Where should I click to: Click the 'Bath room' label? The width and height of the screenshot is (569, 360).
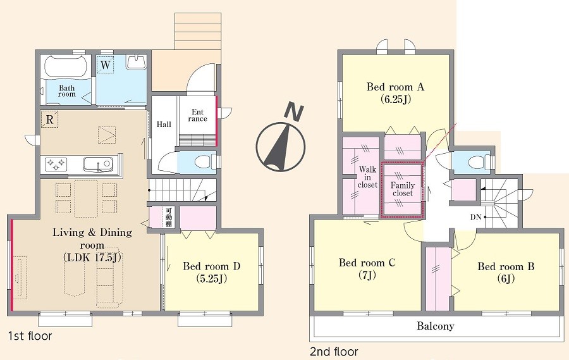67,91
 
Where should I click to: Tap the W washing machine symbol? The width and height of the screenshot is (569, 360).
105,65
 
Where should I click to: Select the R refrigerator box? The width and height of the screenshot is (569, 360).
50,119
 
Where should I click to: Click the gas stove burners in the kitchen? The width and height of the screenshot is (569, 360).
56,164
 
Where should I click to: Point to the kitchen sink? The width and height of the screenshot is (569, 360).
97,164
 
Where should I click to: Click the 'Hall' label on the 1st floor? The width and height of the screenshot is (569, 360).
164,125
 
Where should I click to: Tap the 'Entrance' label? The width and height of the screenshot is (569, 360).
197,115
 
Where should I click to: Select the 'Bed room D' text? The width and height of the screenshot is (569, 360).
212,272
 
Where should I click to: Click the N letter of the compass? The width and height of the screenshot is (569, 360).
295,111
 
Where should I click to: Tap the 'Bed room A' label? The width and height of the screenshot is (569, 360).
395,92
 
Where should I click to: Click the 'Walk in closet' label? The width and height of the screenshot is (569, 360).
367,177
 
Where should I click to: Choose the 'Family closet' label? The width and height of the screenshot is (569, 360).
403,189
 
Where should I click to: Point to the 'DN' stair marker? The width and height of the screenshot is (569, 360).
475,217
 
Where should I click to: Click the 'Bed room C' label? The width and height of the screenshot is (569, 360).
367,268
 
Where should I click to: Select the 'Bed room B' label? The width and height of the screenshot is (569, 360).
506,273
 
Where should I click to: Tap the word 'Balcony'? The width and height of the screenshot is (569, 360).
436,326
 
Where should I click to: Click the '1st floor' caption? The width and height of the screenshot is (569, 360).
30,336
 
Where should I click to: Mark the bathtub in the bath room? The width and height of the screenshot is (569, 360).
66,66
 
